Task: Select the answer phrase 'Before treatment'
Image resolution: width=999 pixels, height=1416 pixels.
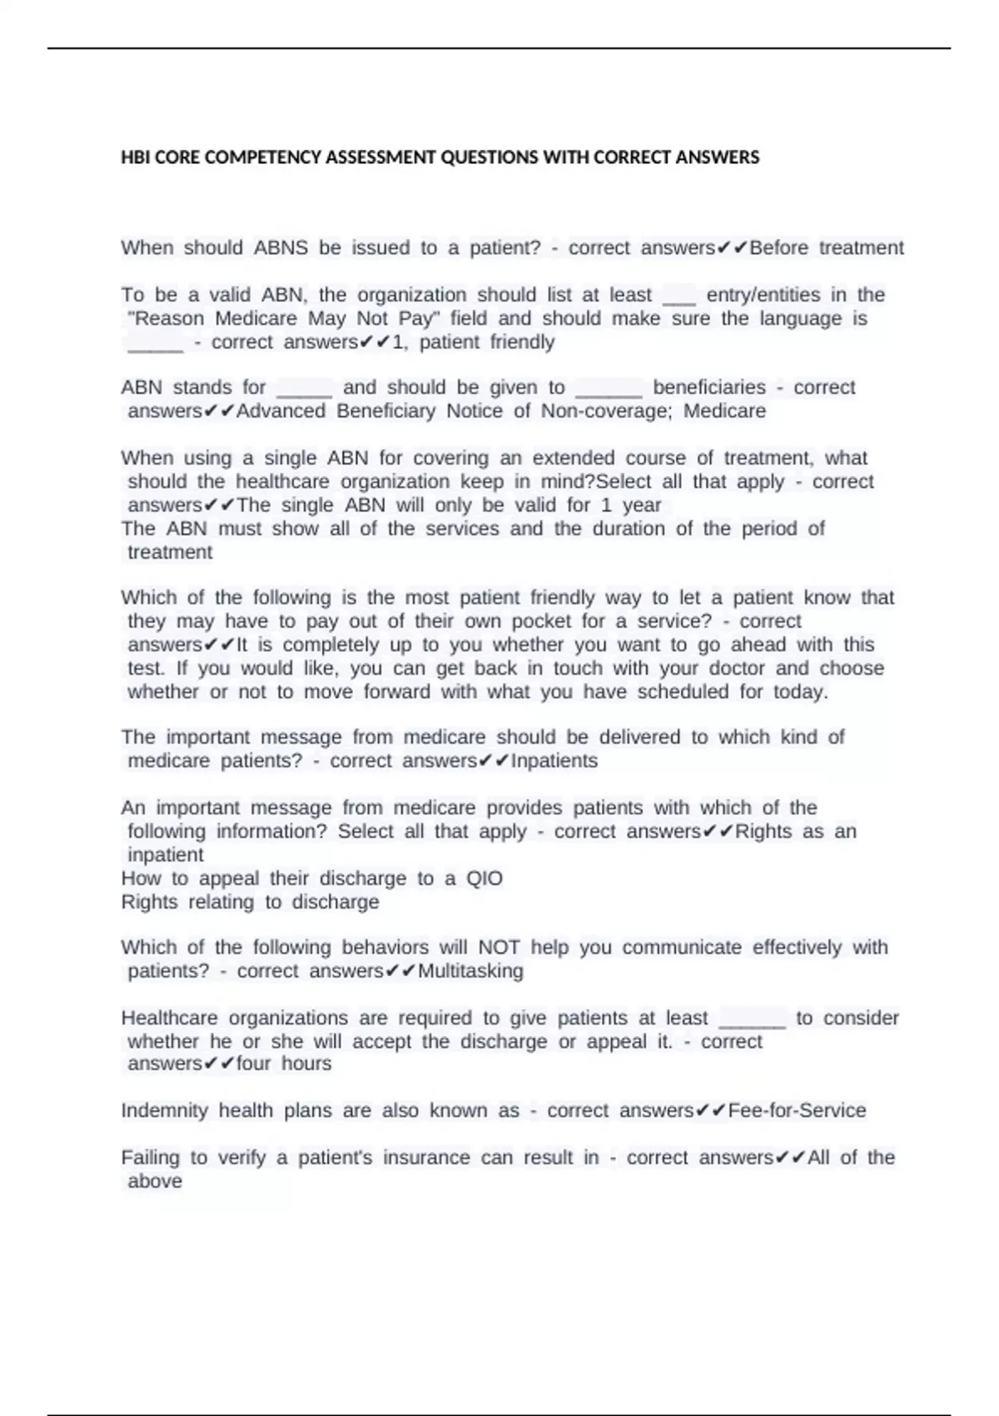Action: click(826, 247)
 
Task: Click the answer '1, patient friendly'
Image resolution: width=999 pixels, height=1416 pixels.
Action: click(473, 342)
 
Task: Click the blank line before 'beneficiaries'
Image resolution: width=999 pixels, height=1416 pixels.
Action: click(609, 388)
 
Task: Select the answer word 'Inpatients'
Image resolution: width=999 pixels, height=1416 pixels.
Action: click(554, 760)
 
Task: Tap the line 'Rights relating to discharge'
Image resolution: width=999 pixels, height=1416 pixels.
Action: click(250, 901)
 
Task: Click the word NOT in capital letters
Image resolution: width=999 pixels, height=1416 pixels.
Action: click(499, 947)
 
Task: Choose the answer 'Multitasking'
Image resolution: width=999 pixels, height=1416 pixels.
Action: click(470, 970)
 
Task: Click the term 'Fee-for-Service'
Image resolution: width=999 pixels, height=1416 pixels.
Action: click(797, 1110)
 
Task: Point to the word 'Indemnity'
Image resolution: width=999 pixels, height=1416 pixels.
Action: click(164, 1110)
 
